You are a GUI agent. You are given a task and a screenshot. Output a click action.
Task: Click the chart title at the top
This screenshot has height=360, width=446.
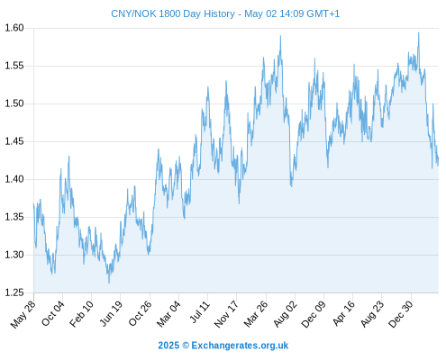point(225,13)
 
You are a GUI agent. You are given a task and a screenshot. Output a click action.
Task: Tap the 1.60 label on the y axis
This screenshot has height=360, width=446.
point(14,28)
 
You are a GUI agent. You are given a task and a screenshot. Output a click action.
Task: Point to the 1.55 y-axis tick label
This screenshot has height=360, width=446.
point(14,66)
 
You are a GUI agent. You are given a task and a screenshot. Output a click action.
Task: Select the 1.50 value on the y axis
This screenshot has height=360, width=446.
point(14,103)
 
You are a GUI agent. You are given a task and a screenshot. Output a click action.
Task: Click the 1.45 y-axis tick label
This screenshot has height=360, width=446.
point(14,141)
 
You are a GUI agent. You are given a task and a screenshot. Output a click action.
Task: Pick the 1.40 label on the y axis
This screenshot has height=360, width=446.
point(14,179)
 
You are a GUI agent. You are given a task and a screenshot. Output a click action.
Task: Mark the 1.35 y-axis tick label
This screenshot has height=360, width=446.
point(14,217)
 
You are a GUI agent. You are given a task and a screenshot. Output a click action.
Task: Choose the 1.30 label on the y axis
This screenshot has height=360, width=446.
point(14,255)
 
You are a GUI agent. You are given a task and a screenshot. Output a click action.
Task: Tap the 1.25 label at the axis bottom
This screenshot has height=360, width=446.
point(14,292)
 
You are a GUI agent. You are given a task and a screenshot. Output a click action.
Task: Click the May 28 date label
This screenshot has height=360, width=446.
point(23,314)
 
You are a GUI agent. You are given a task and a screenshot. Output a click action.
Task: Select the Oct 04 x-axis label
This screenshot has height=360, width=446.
point(53,313)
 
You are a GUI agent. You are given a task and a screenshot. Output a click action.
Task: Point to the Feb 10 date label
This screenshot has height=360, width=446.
point(81,314)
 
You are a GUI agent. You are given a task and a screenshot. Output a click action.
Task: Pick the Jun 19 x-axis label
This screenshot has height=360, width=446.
point(111,313)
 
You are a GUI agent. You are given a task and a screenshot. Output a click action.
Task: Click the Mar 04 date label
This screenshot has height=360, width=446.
point(168,314)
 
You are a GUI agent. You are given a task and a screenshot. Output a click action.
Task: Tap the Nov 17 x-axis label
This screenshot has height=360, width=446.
point(226,314)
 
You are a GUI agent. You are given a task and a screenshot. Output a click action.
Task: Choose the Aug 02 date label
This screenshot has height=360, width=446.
point(286,314)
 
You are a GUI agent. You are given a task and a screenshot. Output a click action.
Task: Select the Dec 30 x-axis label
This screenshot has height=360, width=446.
point(401,314)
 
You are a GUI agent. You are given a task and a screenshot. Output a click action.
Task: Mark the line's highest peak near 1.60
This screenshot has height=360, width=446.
point(419,32)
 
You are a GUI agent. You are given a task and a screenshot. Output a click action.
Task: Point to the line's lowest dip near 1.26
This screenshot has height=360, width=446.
point(109,283)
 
